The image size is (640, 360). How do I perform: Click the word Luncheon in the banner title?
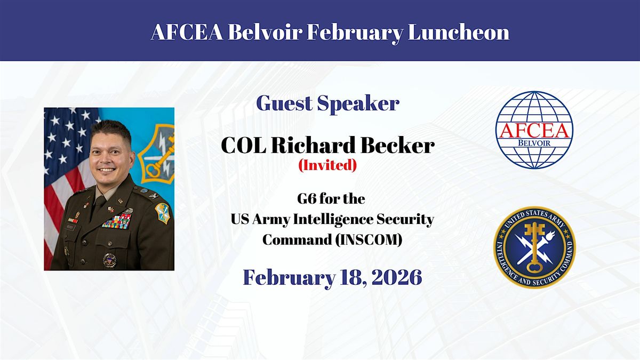459,32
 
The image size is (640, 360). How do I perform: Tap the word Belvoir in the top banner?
265,32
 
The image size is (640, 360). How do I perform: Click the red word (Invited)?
327,165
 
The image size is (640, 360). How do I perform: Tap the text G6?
307,199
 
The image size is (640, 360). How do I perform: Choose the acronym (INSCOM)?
369,240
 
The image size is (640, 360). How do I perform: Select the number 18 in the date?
348,278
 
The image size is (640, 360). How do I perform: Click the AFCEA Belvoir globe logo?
534,130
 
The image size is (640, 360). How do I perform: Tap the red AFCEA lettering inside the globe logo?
534,131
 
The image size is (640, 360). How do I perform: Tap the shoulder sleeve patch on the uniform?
162,213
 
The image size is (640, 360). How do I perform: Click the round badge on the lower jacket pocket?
110,261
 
